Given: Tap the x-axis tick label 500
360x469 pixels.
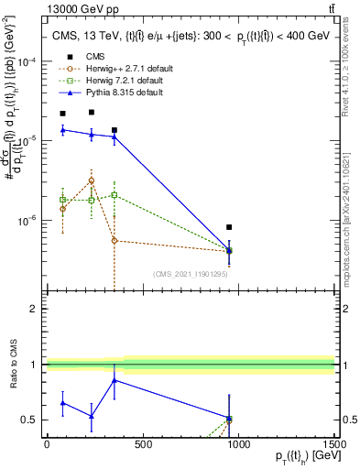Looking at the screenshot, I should pos(143,444).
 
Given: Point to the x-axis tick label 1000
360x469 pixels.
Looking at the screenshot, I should pos(238,444).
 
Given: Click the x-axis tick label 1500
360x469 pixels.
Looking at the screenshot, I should pos(334,444).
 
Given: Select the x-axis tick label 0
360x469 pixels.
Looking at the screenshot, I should pos(47,444).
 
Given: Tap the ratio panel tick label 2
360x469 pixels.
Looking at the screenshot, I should pos(33,309).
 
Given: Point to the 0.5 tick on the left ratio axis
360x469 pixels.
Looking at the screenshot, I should pos(30,420).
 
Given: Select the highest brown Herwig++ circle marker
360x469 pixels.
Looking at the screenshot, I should pos(91,180).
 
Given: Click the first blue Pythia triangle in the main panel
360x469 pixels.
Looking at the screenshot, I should pos(62,130).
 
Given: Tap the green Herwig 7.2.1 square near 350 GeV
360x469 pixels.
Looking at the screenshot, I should pos(114,194).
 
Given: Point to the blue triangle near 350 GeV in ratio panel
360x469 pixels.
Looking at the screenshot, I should pos(114,380).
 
